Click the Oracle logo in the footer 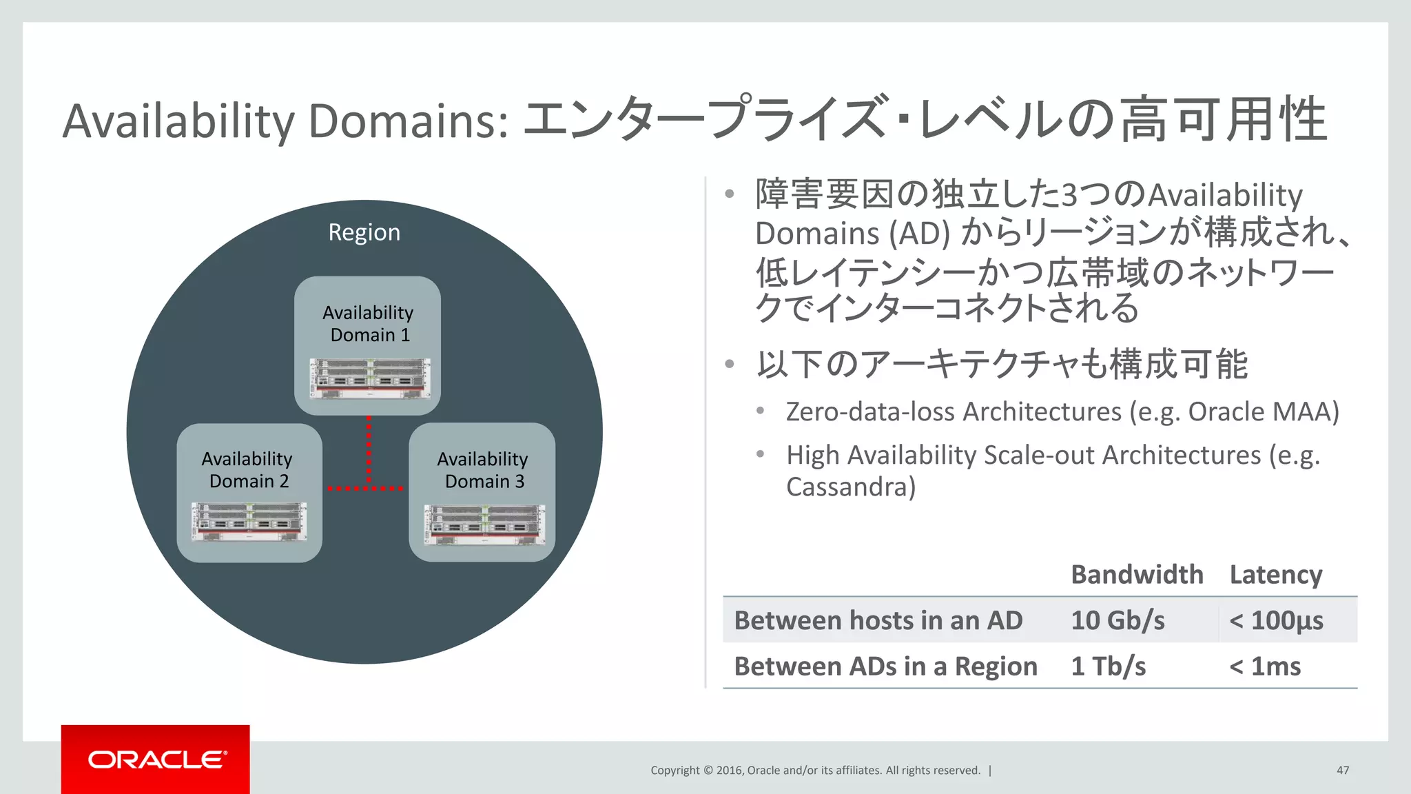click(156, 759)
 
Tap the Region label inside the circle click(364, 232)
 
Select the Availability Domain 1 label click(368, 323)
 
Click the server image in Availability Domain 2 click(249, 521)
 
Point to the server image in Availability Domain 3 click(484, 524)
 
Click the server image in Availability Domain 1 click(370, 378)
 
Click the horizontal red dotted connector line click(365, 489)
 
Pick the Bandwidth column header click(1137, 574)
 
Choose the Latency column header click(1275, 574)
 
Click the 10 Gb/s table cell click(1118, 620)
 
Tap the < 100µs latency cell click(1276, 620)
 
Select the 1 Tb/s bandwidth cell click(1108, 666)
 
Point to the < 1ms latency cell click(1265, 666)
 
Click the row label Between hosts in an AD click(878, 620)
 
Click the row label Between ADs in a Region click(885, 666)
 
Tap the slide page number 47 click(1342, 770)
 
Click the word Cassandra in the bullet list click(850, 487)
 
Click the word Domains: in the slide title click(408, 121)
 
